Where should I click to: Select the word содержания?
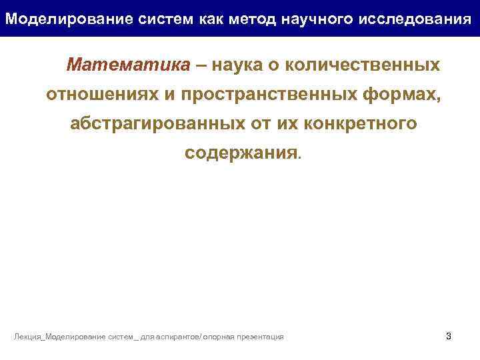click(241, 153)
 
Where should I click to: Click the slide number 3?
click(448, 336)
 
